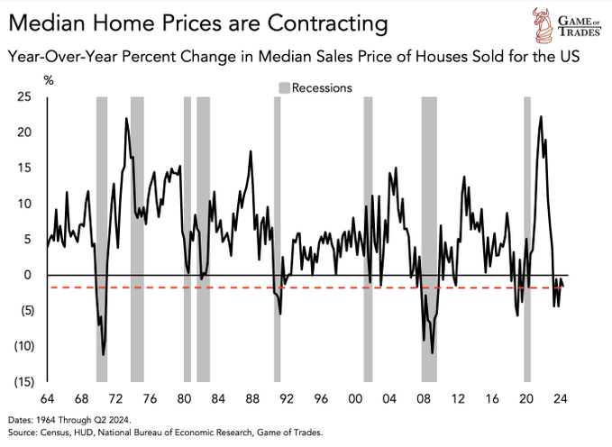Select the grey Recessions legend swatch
[284, 88]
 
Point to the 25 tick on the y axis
[24, 96]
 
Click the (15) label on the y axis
[22, 381]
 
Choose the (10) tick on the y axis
[22, 346]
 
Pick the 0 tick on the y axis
[27, 275]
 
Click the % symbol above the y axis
[50, 80]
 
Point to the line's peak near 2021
[541, 116]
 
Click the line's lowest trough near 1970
[104, 354]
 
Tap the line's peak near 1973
[126, 119]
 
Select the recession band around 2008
[429, 239]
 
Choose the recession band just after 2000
[368, 239]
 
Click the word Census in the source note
[65, 433]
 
